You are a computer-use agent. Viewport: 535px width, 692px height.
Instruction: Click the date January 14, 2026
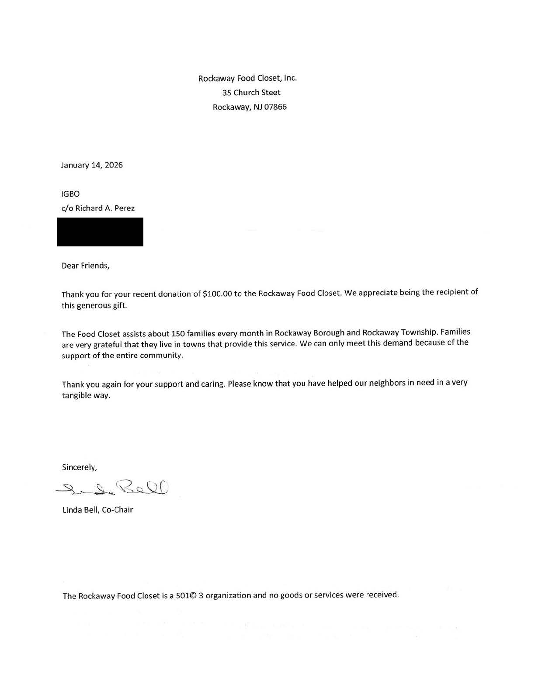[92, 165]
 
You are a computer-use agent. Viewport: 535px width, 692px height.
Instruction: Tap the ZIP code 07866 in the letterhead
[275, 107]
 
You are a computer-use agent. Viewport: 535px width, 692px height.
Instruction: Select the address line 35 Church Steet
[251, 93]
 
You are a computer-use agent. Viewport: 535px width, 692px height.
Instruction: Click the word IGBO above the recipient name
[71, 194]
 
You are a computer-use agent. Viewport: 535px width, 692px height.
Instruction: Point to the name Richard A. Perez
[105, 208]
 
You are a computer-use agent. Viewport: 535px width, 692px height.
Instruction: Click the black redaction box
[100, 232]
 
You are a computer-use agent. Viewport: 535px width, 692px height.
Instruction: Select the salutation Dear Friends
[85, 266]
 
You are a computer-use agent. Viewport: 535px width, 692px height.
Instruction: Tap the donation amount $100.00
[218, 294]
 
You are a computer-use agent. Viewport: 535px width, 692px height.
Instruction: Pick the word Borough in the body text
[329, 333]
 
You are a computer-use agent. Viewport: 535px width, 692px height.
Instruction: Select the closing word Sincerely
[79, 467]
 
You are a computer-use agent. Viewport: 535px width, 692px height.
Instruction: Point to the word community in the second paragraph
[160, 356]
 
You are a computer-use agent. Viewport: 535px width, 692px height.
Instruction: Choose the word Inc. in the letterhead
[290, 78]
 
